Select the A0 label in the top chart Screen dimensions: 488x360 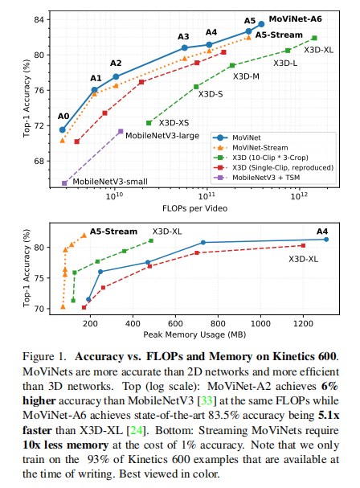[x=63, y=117]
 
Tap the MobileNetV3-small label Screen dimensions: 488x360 [x=112, y=182]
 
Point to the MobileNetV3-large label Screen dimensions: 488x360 [x=162, y=135]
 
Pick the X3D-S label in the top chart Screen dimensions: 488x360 [x=210, y=95]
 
